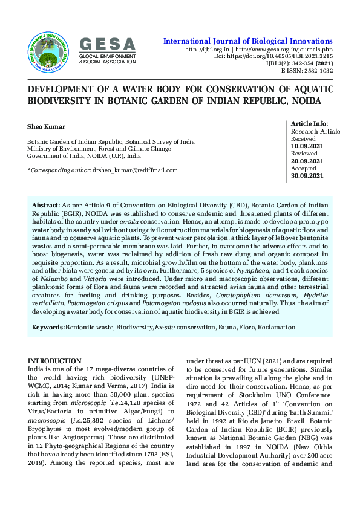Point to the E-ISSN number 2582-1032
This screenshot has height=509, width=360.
click(318, 71)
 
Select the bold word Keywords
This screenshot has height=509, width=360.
click(48, 327)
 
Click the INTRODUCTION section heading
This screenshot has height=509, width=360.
click(54, 361)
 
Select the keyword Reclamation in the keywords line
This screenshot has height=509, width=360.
click(277, 327)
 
